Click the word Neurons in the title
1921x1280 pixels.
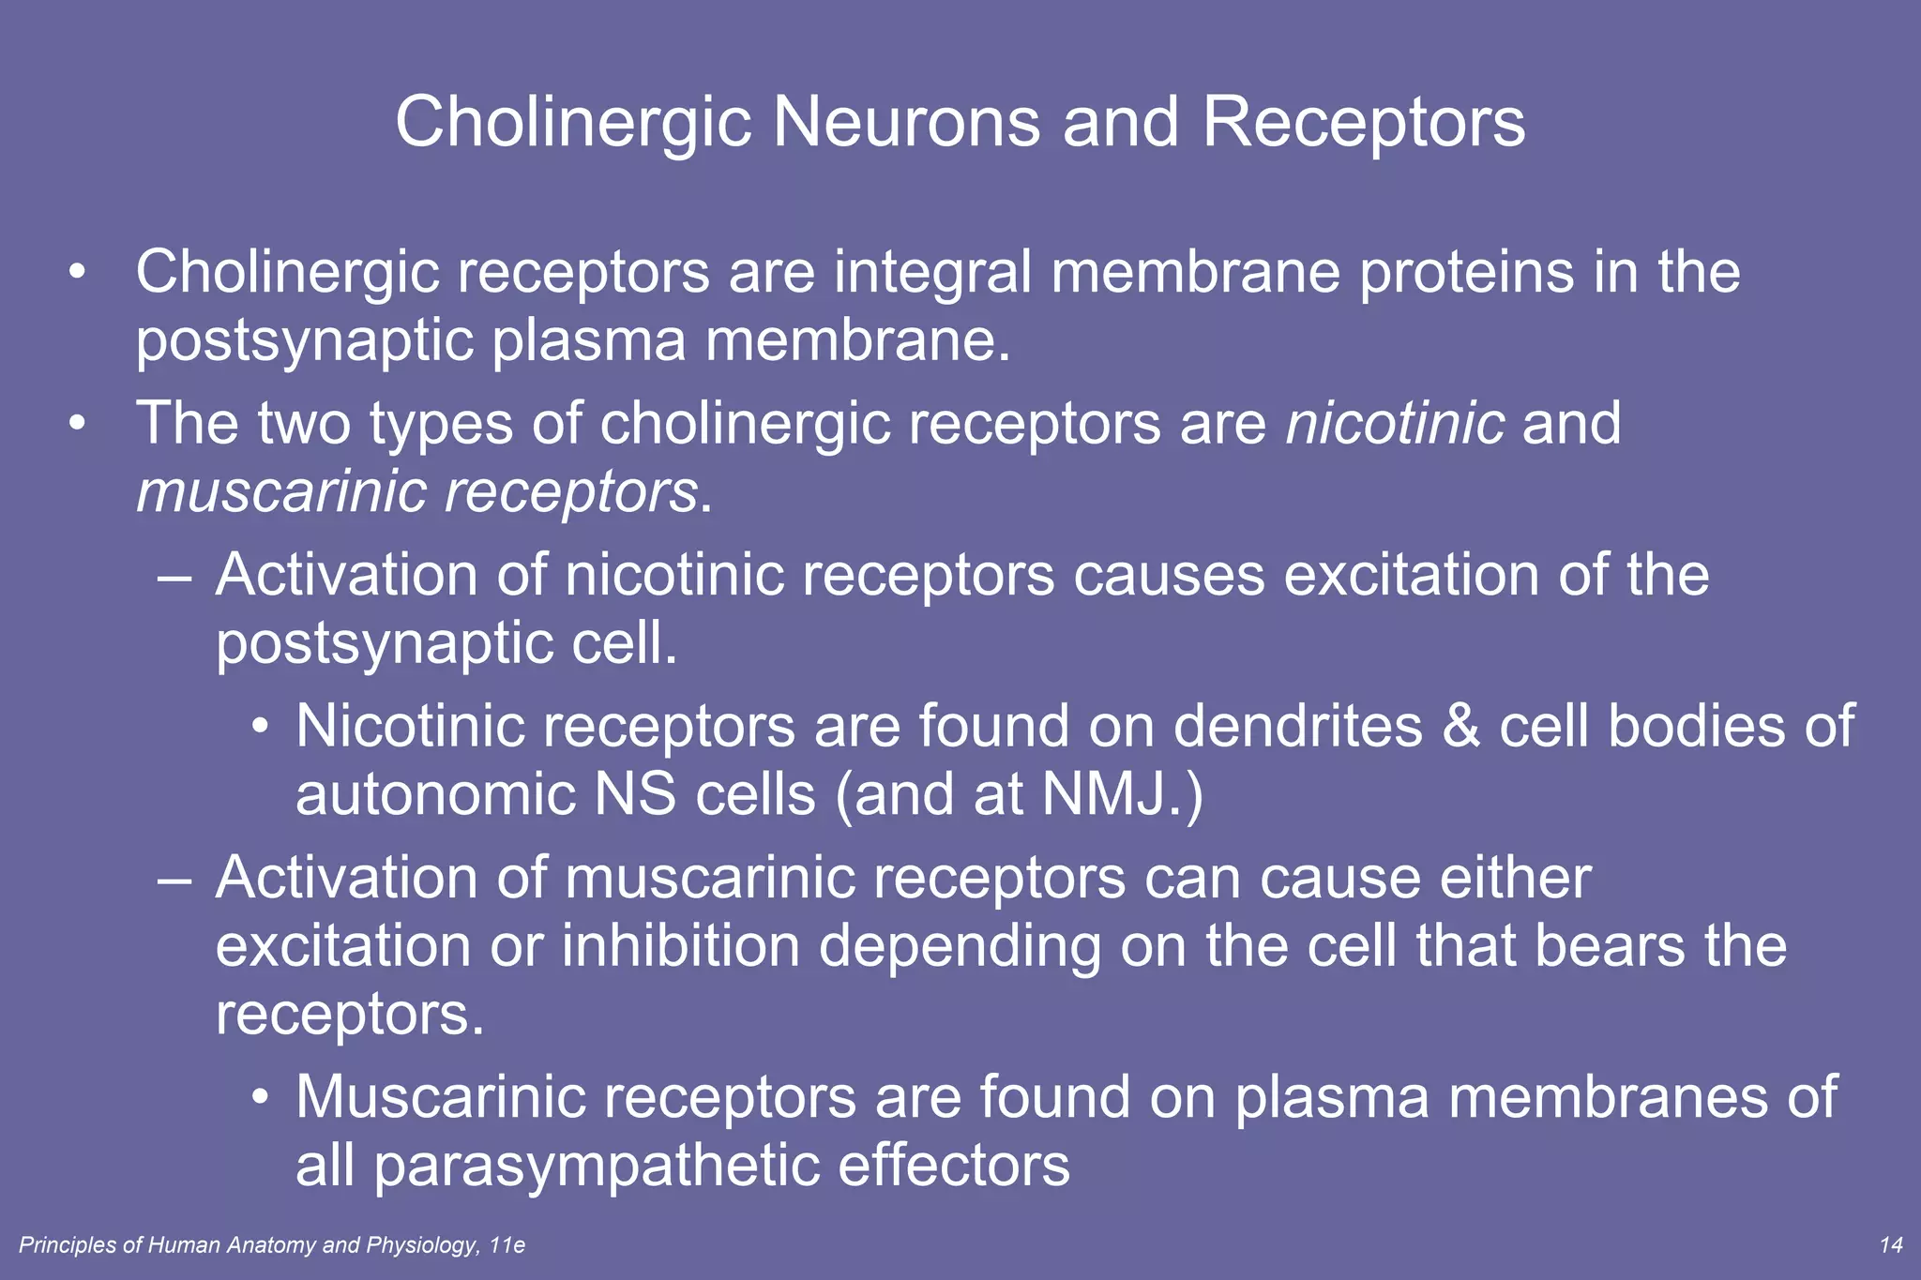[x=905, y=122]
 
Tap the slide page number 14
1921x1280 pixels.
[x=1891, y=1245]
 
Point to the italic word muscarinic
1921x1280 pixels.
[x=282, y=491]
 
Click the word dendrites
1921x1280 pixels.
[x=1298, y=726]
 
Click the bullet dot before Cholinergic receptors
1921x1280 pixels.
[x=78, y=273]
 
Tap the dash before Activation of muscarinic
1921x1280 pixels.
[x=175, y=880]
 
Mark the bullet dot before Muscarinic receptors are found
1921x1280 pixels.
[x=262, y=1097]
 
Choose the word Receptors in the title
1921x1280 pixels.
[x=1364, y=122]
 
